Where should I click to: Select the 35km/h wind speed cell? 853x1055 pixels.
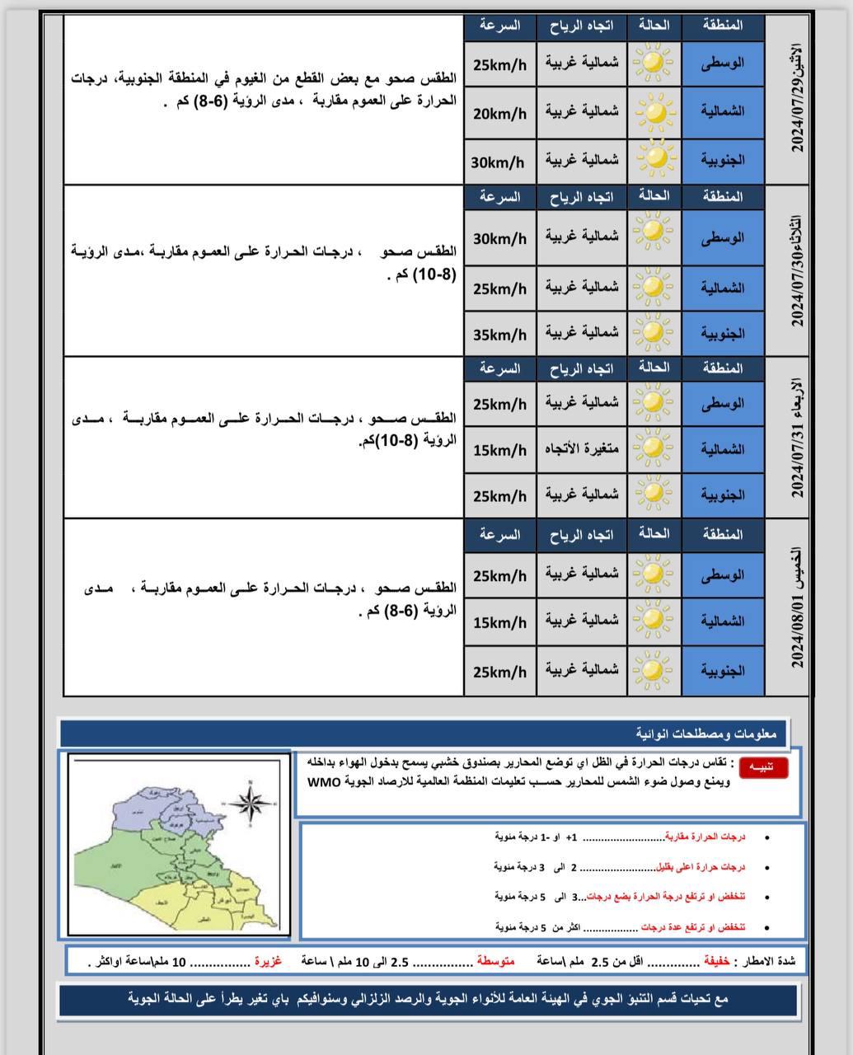tap(499, 335)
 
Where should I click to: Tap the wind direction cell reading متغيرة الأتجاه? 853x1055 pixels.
tap(581, 449)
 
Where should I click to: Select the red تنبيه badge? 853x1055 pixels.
tap(763, 767)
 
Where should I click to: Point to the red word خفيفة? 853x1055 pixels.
tap(715, 961)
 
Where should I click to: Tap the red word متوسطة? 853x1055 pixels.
tap(495, 961)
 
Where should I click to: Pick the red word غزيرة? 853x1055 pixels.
tap(268, 961)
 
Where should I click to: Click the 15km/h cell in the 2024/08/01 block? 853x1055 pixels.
tap(499, 623)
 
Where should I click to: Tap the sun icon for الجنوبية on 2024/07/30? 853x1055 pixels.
tap(653, 332)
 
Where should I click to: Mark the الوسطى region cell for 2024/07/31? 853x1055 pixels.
tap(723, 403)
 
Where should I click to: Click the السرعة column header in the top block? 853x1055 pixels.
tap(499, 26)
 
